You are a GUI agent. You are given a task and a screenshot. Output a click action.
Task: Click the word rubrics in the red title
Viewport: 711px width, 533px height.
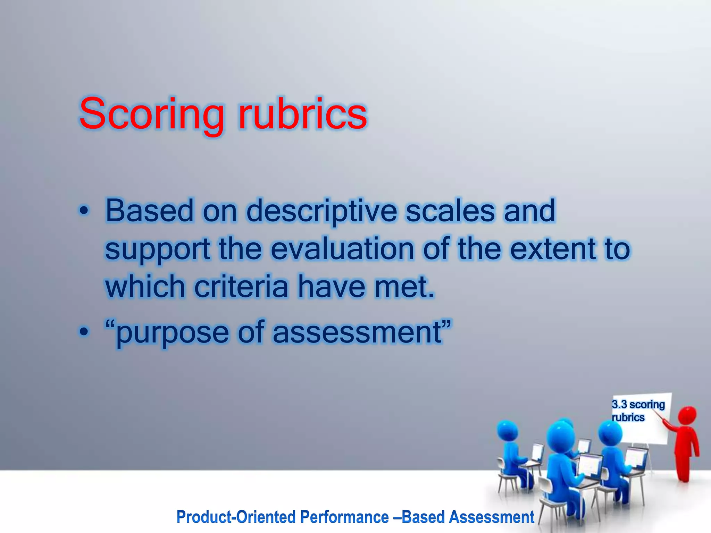[x=302, y=114]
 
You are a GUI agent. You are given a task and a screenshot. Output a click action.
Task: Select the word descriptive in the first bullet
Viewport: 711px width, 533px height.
[x=321, y=211]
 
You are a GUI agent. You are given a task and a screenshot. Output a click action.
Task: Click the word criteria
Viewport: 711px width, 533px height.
[x=241, y=287]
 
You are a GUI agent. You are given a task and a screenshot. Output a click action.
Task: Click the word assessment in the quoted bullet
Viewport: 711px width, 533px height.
[x=358, y=332]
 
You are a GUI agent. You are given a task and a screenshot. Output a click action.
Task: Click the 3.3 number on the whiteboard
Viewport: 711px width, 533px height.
[x=619, y=405]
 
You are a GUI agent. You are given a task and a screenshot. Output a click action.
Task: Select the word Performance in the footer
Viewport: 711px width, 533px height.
[x=344, y=517]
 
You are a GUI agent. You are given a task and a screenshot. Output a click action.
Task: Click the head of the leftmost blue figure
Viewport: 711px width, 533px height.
[x=507, y=430]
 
